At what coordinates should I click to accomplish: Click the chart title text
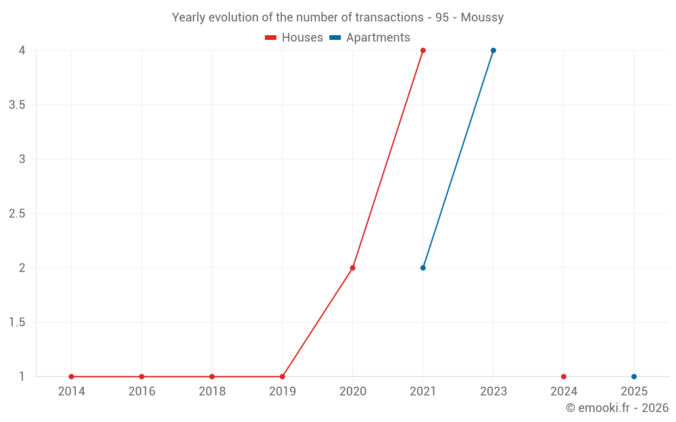pyautogui.click(x=337, y=18)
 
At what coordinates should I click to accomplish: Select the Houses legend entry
pyautogui.click(x=294, y=38)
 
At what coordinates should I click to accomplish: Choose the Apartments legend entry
pyautogui.click(x=370, y=38)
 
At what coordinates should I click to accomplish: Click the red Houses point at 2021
pyautogui.click(x=423, y=51)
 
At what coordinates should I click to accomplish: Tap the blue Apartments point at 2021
pyautogui.click(x=423, y=268)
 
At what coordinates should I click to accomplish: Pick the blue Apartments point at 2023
pyautogui.click(x=493, y=51)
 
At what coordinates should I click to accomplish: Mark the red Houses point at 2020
pyautogui.click(x=353, y=268)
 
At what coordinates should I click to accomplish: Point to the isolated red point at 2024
pyautogui.click(x=564, y=377)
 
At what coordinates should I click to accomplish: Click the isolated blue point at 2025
pyautogui.click(x=634, y=377)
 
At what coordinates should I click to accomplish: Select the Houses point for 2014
pyautogui.click(x=72, y=377)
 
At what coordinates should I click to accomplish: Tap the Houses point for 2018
pyautogui.click(x=212, y=377)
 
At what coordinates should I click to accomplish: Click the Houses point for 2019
pyautogui.click(x=283, y=377)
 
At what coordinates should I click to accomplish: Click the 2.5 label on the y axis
pyautogui.click(x=17, y=214)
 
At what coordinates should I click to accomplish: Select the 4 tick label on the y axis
pyautogui.click(x=22, y=51)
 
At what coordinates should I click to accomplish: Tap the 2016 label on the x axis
pyautogui.click(x=142, y=392)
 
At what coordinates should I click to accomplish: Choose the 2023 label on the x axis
pyautogui.click(x=493, y=392)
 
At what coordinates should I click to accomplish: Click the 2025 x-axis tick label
pyautogui.click(x=634, y=392)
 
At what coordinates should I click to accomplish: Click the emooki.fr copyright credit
pyautogui.click(x=617, y=408)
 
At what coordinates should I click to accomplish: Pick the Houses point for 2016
pyautogui.click(x=142, y=377)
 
